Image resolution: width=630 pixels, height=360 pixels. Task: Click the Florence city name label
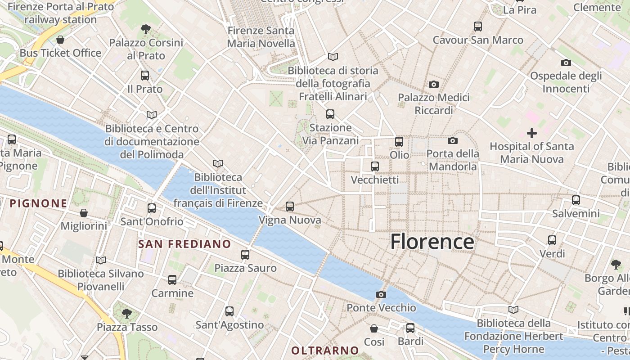(432, 242)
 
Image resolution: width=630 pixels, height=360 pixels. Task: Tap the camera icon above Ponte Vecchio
(381, 295)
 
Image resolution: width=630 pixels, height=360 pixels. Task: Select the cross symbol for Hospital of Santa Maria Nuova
(532, 133)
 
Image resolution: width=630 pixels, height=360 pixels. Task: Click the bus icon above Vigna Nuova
(290, 207)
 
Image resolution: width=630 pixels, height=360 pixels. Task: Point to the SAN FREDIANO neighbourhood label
(184, 244)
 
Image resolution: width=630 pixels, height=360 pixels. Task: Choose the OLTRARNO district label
(325, 351)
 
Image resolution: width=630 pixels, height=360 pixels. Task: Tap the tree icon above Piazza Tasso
(127, 313)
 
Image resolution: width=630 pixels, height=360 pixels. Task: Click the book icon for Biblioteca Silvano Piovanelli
(101, 260)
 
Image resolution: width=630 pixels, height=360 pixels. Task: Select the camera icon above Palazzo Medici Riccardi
(434, 84)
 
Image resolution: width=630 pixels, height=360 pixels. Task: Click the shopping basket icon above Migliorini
(84, 213)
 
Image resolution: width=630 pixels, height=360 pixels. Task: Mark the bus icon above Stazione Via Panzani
(330, 114)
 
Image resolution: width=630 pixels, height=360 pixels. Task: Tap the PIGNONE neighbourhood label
(38, 203)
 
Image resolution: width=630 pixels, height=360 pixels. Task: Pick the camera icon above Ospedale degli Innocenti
(566, 63)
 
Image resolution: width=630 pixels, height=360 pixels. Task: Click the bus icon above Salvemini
(576, 200)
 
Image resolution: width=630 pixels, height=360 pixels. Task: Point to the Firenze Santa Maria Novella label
(261, 37)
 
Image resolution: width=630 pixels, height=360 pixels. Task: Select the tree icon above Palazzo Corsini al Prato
(145, 30)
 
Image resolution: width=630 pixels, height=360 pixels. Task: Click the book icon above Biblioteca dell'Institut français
(218, 164)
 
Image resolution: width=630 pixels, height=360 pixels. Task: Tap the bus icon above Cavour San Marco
(478, 27)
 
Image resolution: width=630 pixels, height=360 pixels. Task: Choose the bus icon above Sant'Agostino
(229, 311)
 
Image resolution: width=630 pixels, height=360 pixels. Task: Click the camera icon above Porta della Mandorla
(453, 141)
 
